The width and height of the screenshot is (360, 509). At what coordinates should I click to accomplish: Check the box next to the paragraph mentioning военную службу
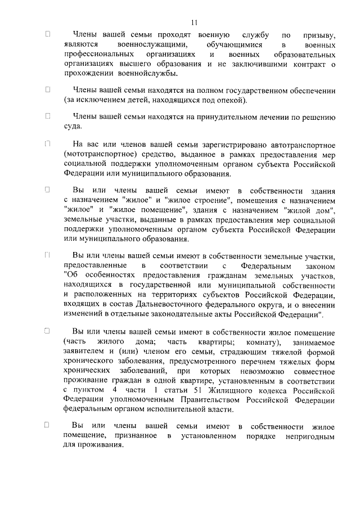click(x=48, y=34)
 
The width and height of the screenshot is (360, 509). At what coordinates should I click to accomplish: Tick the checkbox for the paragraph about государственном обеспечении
click(x=48, y=89)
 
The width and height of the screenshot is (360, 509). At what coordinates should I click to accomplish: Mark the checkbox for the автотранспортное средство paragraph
click(x=48, y=143)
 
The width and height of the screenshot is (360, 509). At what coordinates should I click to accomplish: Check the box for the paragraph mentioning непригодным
click(x=48, y=426)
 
